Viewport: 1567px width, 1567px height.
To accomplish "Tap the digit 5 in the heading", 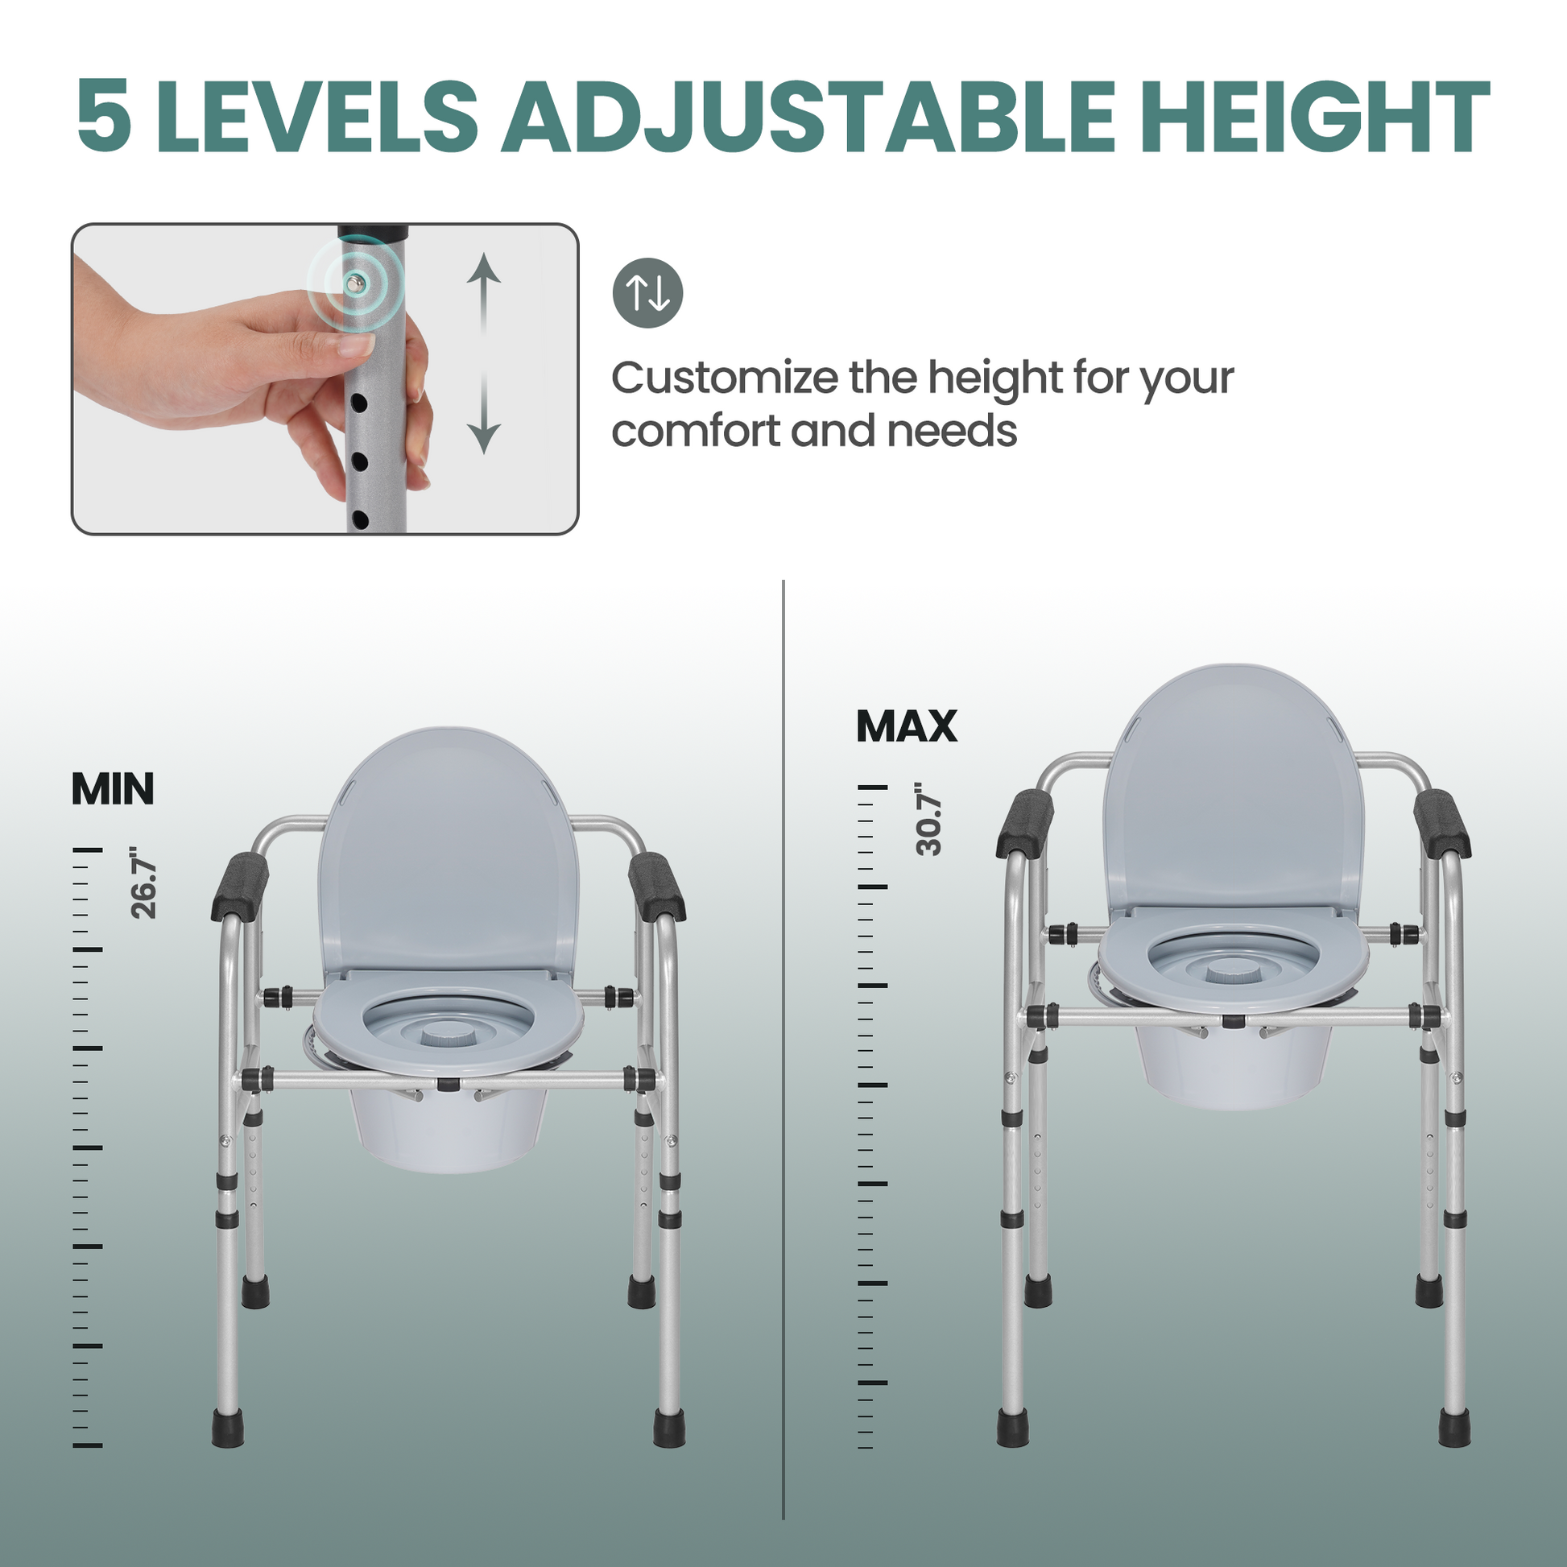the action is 104,116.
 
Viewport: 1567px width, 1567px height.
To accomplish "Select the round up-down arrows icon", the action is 647,293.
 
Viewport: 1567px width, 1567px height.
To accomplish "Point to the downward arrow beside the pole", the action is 483,414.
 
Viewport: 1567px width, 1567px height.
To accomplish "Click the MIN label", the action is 113,788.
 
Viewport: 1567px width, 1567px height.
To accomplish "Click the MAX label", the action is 907,726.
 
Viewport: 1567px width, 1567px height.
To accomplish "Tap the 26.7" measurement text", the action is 144,883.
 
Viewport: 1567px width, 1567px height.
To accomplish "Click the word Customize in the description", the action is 724,378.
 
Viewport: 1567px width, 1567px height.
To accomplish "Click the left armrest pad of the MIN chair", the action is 240,887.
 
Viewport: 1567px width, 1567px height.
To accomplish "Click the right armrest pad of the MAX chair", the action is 1441,823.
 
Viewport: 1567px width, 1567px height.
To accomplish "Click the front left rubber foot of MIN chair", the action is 227,1428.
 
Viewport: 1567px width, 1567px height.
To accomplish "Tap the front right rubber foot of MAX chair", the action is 1454,1428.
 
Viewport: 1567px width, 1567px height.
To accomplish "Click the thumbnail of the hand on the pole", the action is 325,378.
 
